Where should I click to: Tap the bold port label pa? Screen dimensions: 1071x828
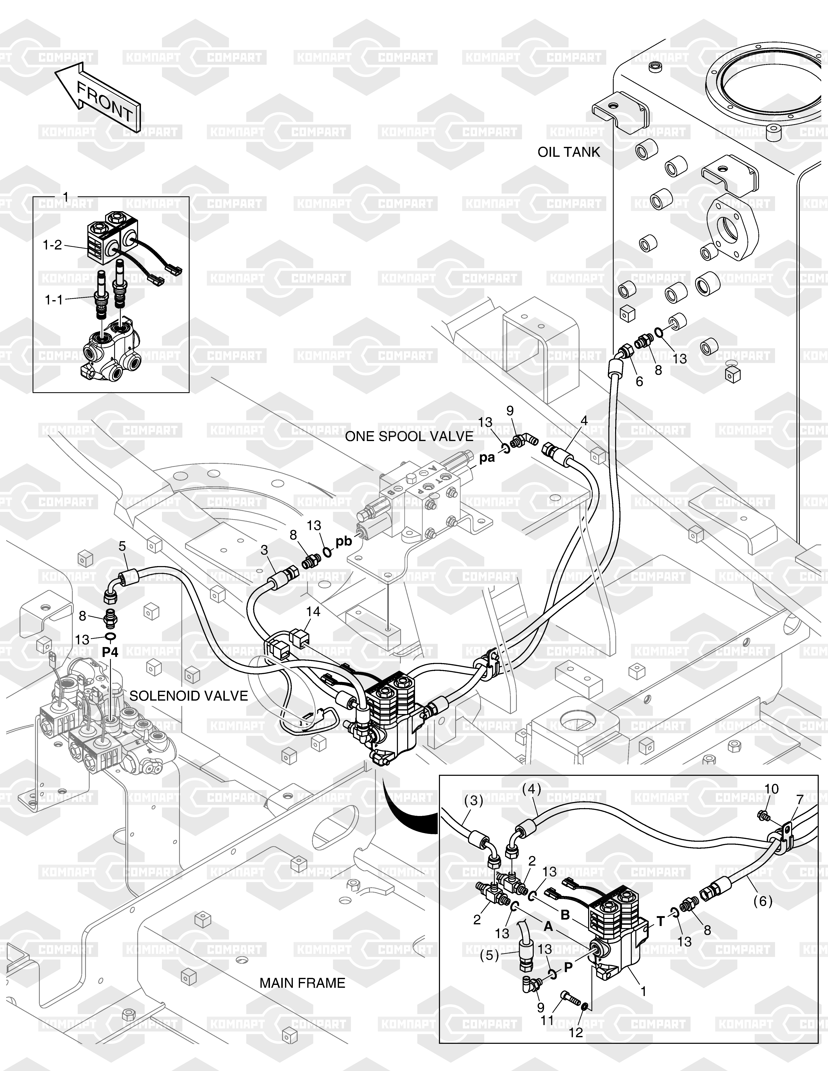[x=487, y=458]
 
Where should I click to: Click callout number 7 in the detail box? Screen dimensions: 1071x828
[x=800, y=800]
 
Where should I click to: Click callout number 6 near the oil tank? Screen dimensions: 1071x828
[x=639, y=381]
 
